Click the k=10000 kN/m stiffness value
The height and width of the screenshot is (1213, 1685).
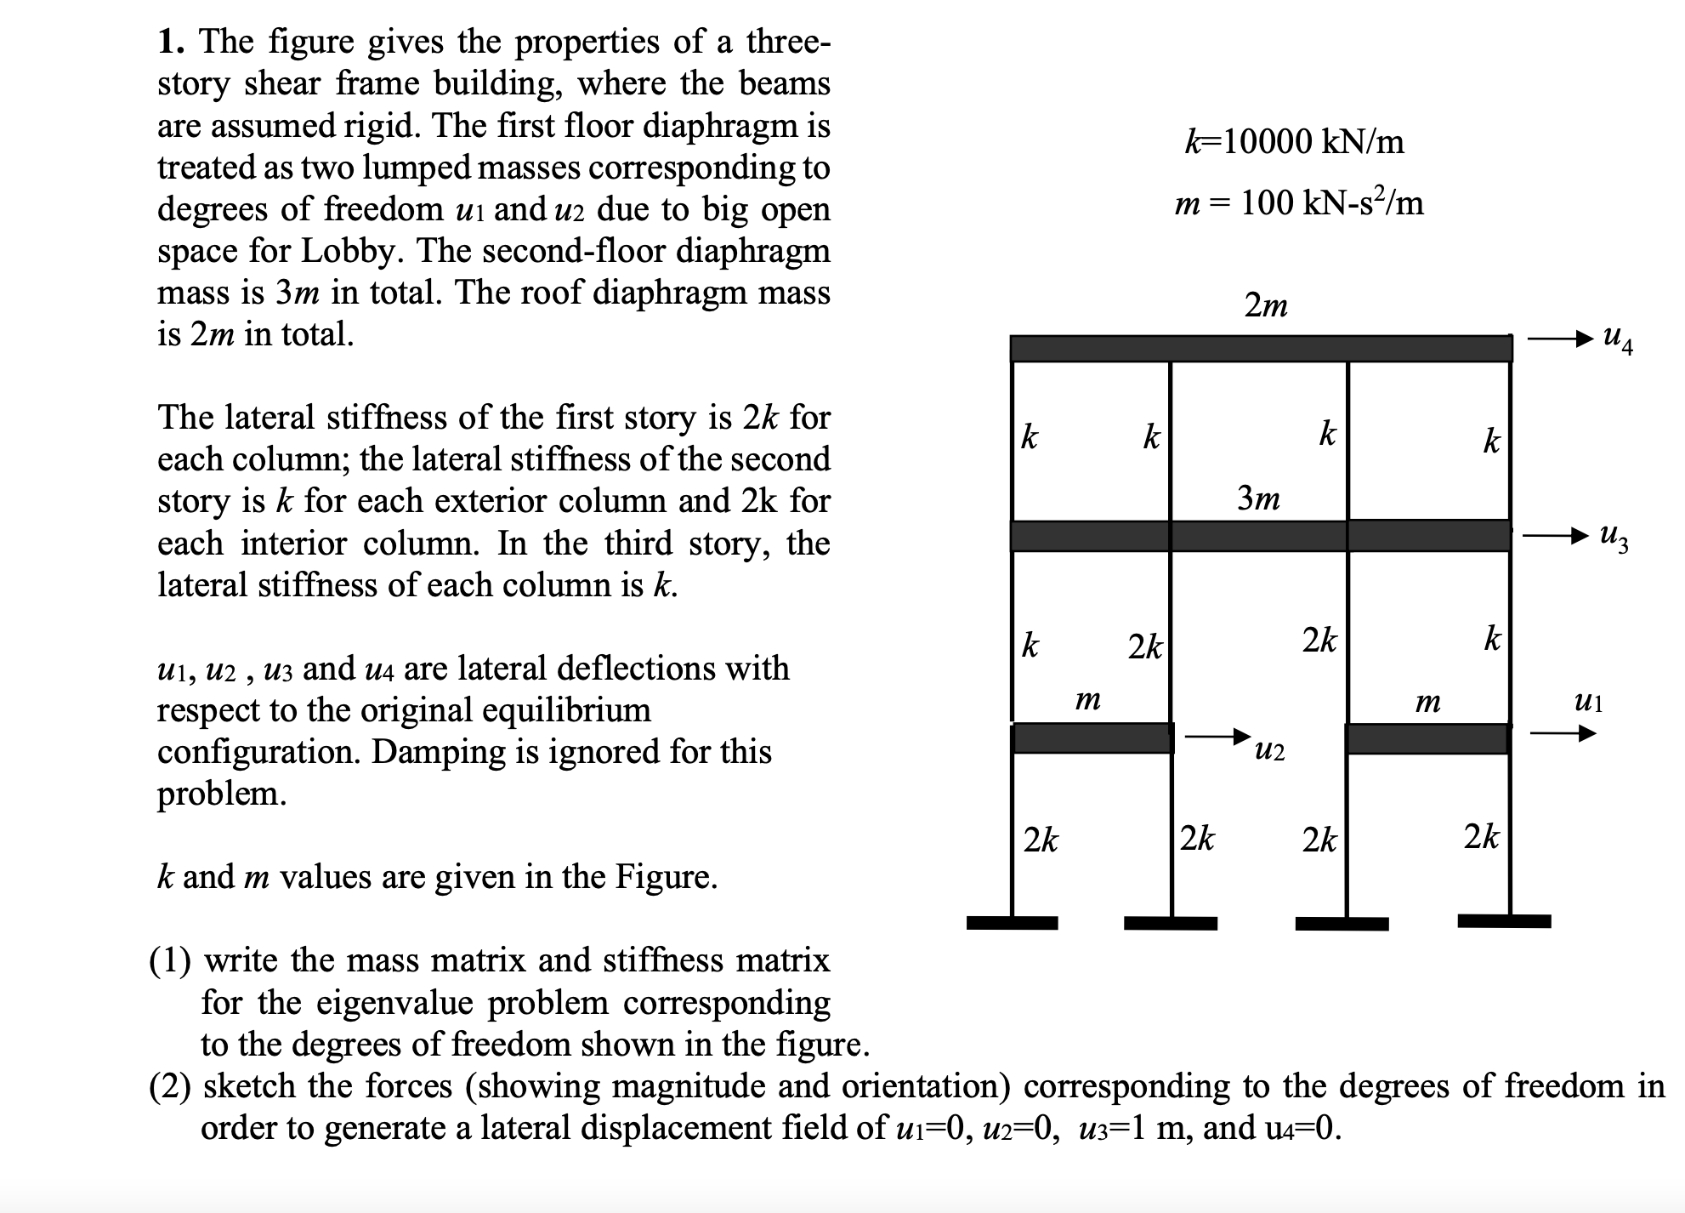click(x=1294, y=141)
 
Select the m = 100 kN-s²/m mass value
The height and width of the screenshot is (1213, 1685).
click(x=1298, y=203)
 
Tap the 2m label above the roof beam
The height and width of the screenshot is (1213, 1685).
click(x=1266, y=305)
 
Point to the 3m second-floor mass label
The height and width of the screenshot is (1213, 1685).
click(x=1258, y=498)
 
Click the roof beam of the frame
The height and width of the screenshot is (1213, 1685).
click(x=1261, y=349)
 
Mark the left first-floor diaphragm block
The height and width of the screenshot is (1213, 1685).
click(x=1092, y=738)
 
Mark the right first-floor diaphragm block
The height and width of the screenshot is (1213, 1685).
click(x=1427, y=738)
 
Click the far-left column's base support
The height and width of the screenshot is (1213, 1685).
click(x=1012, y=923)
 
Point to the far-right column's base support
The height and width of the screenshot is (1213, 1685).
click(x=1504, y=921)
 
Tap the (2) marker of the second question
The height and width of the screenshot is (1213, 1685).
click(x=170, y=1086)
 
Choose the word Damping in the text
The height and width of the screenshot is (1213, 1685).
click(x=427, y=752)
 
